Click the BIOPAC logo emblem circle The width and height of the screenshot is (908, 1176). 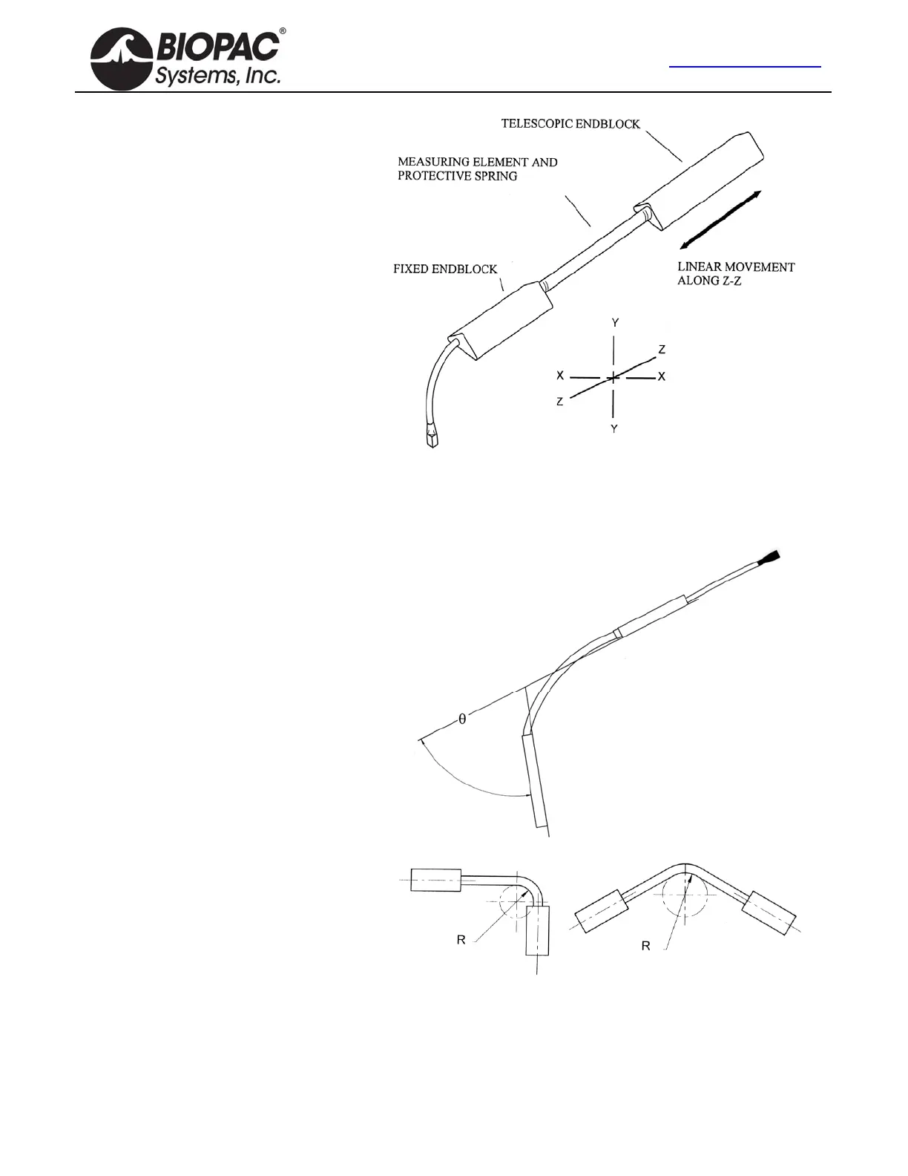[x=121, y=59]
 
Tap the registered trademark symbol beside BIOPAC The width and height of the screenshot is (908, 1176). [x=283, y=32]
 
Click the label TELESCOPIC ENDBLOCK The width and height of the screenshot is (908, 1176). [x=570, y=124]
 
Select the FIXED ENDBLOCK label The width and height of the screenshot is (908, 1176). [x=445, y=269]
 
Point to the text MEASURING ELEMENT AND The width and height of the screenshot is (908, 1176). [x=478, y=162]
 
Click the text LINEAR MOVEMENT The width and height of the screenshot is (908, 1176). [x=736, y=267]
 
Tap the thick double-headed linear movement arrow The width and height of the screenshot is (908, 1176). [x=720, y=220]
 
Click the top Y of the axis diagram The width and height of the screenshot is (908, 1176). [x=615, y=323]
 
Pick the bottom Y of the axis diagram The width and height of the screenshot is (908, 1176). [x=614, y=429]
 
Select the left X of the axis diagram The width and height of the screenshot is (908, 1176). [x=560, y=376]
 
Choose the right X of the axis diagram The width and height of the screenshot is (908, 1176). [x=662, y=376]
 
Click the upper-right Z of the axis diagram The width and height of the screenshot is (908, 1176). [x=662, y=349]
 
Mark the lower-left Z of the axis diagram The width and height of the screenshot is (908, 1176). [x=560, y=402]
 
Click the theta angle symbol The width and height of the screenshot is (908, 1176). [x=462, y=719]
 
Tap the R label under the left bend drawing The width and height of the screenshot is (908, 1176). [x=461, y=940]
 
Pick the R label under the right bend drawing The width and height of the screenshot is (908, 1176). [x=645, y=946]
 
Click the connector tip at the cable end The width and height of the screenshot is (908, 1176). [x=432, y=437]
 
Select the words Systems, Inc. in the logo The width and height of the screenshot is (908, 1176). [x=217, y=75]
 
